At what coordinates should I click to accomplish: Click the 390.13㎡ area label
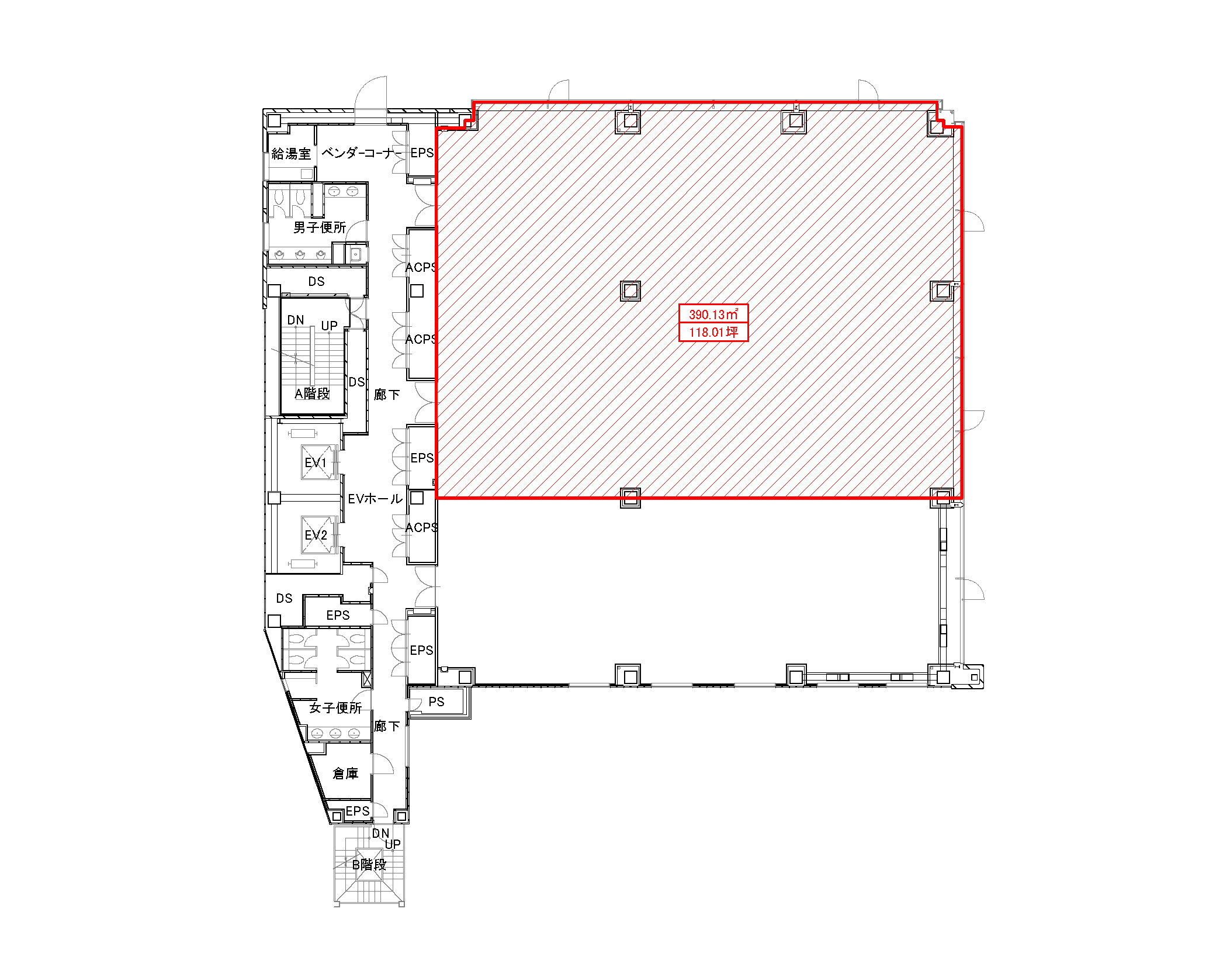point(713,314)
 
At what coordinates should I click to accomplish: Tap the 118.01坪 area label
point(713,332)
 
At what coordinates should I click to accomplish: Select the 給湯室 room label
point(291,154)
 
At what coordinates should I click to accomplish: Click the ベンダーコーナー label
point(362,153)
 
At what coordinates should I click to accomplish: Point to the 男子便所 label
point(320,227)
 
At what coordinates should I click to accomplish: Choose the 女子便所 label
point(335,708)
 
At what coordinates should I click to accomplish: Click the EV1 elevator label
point(316,463)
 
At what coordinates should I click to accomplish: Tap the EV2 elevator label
point(316,536)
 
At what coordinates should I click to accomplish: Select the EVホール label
point(375,499)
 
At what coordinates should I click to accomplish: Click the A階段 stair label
point(312,393)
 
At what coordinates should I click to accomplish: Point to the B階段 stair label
point(369,864)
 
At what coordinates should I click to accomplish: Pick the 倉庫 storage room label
point(345,774)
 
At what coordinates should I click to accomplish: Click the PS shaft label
point(436,702)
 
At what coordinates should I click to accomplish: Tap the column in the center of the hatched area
point(630,291)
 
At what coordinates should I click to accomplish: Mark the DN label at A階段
point(296,320)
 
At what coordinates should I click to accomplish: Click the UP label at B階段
point(393,844)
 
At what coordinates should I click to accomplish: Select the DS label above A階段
point(316,282)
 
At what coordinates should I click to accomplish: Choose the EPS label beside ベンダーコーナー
point(422,153)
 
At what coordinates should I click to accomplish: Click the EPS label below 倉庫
point(358,811)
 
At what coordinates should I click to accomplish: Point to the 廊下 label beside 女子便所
point(387,726)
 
